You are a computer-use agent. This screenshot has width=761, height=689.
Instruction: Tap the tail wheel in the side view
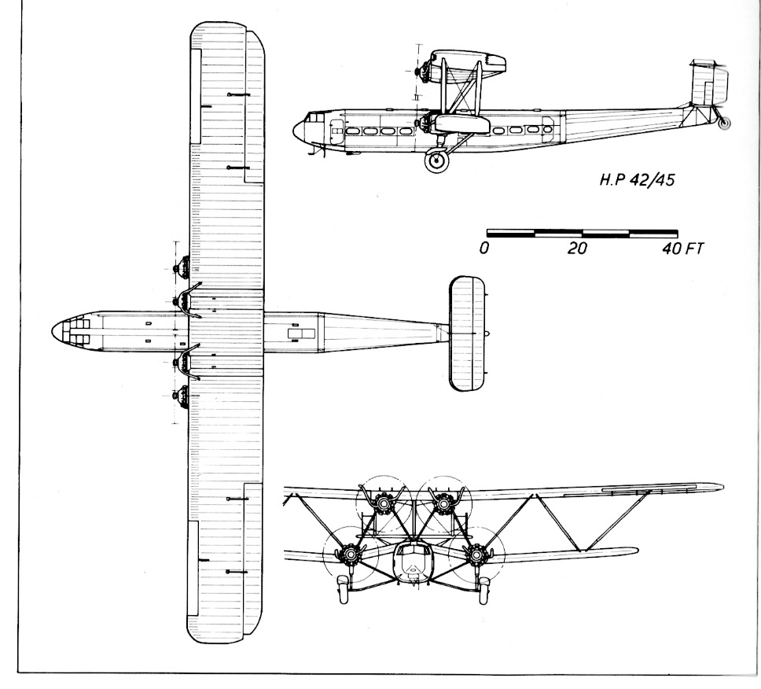pos(726,123)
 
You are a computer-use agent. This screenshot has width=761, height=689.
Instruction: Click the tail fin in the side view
pos(708,83)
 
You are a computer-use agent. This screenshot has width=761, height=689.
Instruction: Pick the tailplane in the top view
pos(466,333)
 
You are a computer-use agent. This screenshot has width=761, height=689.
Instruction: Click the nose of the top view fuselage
pos(55,330)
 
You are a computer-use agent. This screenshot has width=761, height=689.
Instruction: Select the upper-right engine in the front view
pos(443,502)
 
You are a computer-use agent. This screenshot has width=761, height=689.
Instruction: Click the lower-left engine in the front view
pos(347,555)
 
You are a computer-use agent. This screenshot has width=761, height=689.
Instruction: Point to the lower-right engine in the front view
pos(476,555)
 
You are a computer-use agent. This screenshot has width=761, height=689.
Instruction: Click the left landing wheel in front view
pos(342,589)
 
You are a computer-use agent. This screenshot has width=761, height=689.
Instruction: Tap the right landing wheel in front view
pos(485,588)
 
